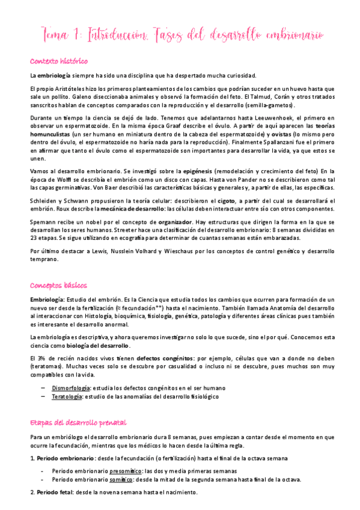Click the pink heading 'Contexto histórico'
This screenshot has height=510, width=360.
59,61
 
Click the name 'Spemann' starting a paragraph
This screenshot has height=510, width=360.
44,222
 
